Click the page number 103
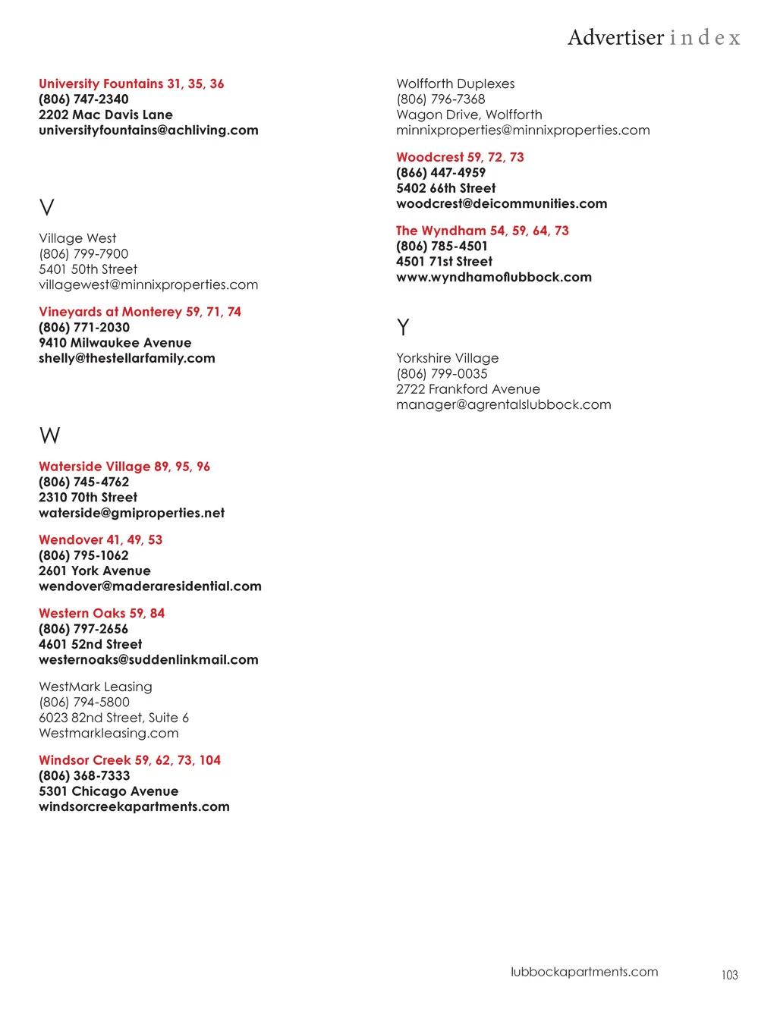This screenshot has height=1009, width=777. pyautogui.click(x=729, y=975)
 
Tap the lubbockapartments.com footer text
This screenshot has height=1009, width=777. pyautogui.click(x=584, y=972)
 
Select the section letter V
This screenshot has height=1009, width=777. pyautogui.click(x=47, y=207)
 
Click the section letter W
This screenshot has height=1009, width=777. pyautogui.click(x=49, y=435)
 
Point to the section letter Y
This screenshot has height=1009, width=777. pyautogui.click(x=403, y=327)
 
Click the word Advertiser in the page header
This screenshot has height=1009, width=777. pyautogui.click(x=615, y=37)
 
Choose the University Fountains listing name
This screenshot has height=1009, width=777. pyautogui.click(x=101, y=83)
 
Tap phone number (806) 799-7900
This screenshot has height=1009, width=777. pyautogui.click(x=83, y=253)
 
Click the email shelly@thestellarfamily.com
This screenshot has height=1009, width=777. pyautogui.click(x=127, y=358)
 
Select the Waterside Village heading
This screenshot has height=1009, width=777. pyautogui.click(x=95, y=467)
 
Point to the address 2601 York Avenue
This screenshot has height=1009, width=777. pyautogui.click(x=95, y=571)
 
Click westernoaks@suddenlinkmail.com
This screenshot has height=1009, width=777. pyautogui.click(x=149, y=659)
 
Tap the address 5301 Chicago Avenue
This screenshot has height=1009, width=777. pyautogui.click(x=109, y=791)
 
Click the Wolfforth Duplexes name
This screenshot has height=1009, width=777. pyautogui.click(x=455, y=83)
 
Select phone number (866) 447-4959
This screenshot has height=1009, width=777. pyautogui.click(x=441, y=172)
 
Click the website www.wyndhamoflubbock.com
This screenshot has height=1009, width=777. pyautogui.click(x=494, y=277)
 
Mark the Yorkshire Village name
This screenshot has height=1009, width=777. pyautogui.click(x=448, y=358)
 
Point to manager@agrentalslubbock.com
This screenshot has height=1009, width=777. pyautogui.click(x=504, y=404)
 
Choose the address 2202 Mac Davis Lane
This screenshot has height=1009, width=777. pyautogui.click(x=105, y=115)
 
